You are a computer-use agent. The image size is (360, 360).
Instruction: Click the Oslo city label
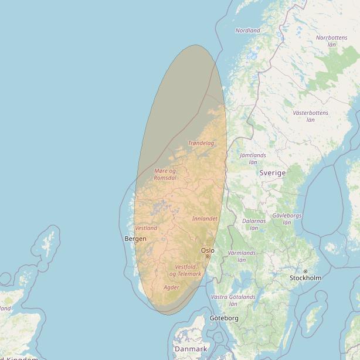[x=208, y=250]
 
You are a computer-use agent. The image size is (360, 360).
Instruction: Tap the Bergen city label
[x=135, y=239]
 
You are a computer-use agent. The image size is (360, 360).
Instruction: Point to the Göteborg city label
[x=224, y=318]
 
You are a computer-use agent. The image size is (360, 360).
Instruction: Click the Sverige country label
[x=273, y=173]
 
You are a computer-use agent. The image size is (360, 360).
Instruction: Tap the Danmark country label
[x=191, y=349]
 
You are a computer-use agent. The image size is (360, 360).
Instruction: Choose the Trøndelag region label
[x=201, y=143]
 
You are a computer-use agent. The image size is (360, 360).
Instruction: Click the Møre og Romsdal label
[x=165, y=174]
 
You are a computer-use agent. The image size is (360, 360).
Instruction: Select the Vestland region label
[x=146, y=227]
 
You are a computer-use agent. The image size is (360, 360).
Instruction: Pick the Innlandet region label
[x=205, y=219]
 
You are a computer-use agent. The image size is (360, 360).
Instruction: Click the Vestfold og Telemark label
[x=185, y=270]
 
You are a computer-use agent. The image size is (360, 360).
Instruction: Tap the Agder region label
[x=172, y=287]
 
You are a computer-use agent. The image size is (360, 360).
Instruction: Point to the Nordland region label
[x=247, y=30]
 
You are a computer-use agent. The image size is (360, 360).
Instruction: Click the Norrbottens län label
[x=331, y=41]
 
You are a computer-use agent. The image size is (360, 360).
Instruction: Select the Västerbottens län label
[x=310, y=116]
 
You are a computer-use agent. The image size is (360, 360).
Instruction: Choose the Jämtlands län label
[x=253, y=158]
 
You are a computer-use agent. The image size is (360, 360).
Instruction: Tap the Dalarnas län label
[x=254, y=225]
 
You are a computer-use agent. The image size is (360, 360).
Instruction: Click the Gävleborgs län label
[x=287, y=219]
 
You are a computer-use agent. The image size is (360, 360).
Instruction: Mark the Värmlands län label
[x=242, y=256]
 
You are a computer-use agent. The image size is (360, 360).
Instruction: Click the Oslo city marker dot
[x=207, y=256]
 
